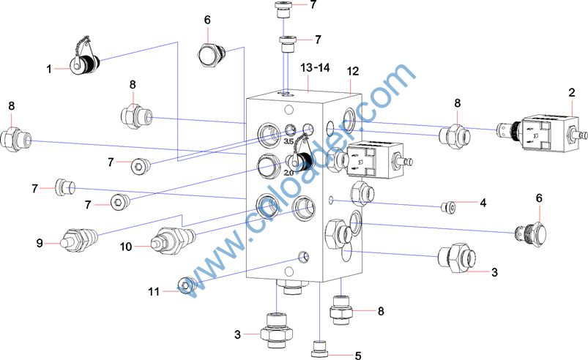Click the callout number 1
(x=49, y=70)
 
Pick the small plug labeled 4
(x=447, y=208)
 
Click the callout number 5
(x=358, y=356)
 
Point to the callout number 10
(x=126, y=247)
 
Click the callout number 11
(x=154, y=291)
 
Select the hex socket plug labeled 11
(x=187, y=285)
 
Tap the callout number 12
(x=353, y=71)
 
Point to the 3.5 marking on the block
(x=289, y=141)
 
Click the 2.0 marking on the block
(x=289, y=173)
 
